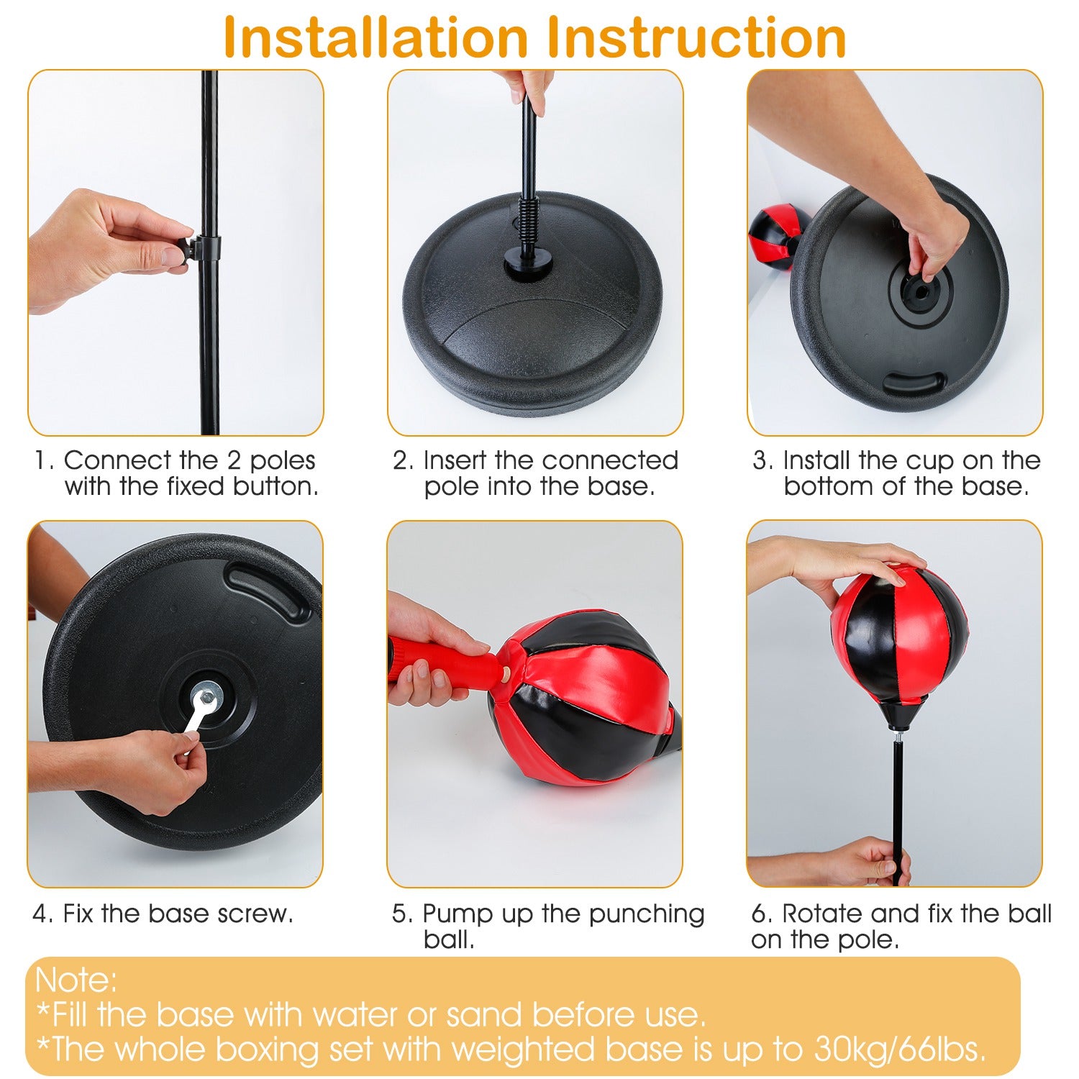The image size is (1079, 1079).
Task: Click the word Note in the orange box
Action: [x=76, y=980]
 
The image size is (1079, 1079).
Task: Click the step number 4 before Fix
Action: [x=42, y=914]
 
